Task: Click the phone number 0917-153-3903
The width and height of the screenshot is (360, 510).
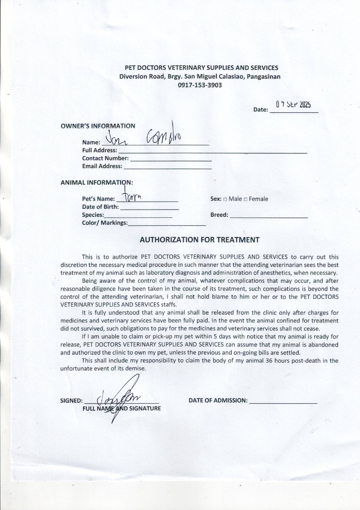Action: pos(199,85)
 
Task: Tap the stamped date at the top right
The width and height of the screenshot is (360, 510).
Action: pos(293,105)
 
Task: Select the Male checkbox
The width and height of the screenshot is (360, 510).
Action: pos(225,199)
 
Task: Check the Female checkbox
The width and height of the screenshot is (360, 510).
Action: pos(246,199)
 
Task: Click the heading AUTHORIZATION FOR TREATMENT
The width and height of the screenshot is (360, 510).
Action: pos(199,239)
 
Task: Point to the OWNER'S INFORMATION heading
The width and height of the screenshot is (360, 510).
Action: pos(98,126)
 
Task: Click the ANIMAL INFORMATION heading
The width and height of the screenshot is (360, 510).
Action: pos(96,182)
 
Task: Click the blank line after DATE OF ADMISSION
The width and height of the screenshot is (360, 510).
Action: pos(283,402)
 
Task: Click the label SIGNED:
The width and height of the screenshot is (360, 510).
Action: pos(71,400)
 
